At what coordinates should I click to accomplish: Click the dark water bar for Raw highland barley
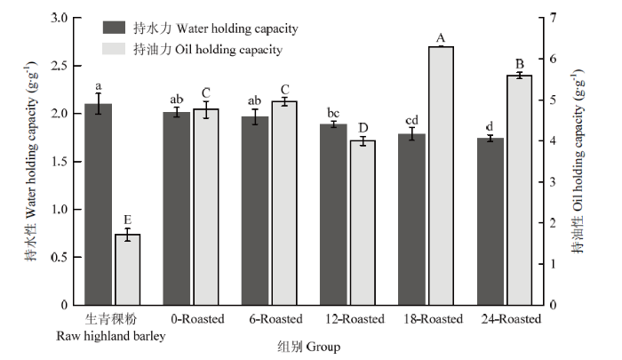tap(99, 204)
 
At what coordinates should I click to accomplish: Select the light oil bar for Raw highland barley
tap(128, 270)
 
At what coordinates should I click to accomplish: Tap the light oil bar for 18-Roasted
tap(441, 176)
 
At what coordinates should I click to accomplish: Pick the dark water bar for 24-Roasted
tap(490, 221)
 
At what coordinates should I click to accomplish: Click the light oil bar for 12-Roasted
tap(363, 223)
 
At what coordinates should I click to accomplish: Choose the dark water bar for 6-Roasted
tap(255, 211)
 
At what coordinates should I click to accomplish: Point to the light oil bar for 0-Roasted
tap(206, 207)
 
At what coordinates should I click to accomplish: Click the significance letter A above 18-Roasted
tap(441, 38)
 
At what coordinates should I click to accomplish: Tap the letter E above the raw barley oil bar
tap(127, 220)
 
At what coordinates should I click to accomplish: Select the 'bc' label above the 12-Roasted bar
tap(333, 113)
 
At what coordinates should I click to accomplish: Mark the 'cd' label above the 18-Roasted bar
tap(411, 120)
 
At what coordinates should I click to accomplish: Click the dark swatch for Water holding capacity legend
tap(115, 28)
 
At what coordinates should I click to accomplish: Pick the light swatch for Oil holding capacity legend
tap(115, 48)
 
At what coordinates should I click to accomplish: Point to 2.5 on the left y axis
tap(60, 66)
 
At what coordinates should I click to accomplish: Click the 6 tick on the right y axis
tap(553, 59)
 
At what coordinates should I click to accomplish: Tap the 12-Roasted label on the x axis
tap(355, 319)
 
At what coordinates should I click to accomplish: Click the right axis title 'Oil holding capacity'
tap(578, 157)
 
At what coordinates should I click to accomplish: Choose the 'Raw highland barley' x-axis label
tap(111, 336)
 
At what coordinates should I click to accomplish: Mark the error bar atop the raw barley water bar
tap(99, 104)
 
